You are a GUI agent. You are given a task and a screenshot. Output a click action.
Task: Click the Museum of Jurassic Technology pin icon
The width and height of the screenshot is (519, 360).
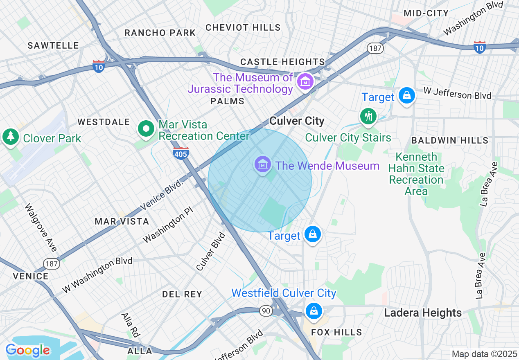tap(305, 81)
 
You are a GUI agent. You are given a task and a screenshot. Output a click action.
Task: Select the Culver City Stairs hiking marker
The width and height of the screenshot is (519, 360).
tap(368, 117)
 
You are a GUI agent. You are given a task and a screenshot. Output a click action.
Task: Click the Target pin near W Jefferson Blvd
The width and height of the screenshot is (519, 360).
tap(406, 96)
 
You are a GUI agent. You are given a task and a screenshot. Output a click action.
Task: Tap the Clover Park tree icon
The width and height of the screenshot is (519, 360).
tap(10, 137)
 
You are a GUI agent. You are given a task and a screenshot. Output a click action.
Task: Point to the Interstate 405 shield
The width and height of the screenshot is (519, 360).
tap(181, 153)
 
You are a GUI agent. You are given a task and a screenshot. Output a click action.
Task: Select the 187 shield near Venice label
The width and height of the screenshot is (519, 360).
tap(52, 263)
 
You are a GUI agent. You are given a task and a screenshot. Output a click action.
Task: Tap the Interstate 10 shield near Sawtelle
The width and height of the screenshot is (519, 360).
tap(98, 67)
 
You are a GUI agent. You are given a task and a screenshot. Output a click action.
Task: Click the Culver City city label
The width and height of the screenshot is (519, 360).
tap(297, 121)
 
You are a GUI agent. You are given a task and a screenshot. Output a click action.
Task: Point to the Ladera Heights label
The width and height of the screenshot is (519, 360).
tap(423, 313)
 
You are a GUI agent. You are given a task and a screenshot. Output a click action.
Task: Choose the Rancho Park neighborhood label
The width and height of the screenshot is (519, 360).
tap(160, 33)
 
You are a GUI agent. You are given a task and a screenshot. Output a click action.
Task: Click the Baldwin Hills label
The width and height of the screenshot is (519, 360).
tap(450, 140)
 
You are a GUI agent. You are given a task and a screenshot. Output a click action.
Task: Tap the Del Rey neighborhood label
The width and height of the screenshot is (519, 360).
tap(182, 294)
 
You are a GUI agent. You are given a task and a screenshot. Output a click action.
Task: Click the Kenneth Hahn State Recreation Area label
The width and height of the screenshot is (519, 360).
tap(416, 174)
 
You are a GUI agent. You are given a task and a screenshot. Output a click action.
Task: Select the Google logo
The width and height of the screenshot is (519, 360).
tap(28, 350)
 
